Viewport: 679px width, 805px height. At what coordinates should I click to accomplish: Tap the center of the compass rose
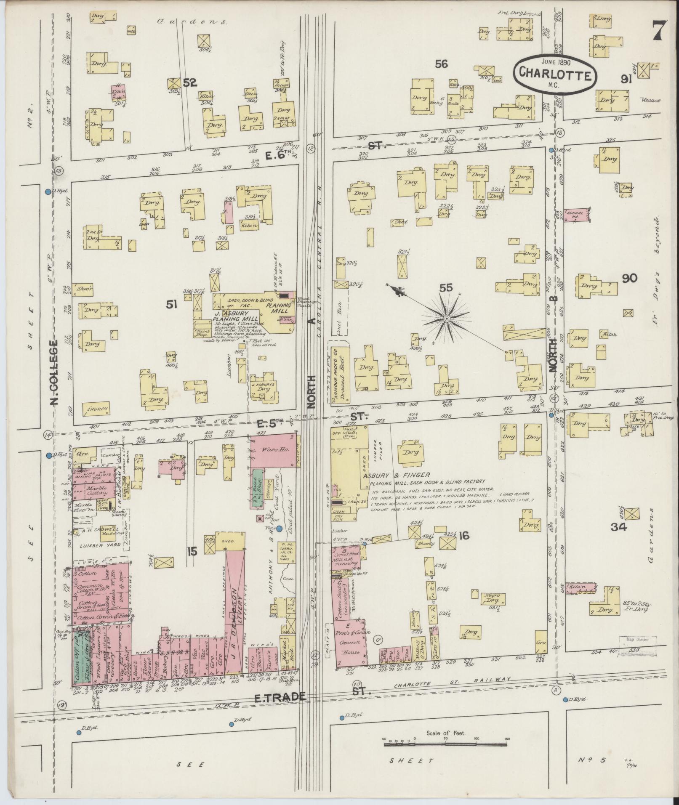tap(447, 320)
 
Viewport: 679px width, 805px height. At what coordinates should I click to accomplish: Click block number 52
tap(190, 82)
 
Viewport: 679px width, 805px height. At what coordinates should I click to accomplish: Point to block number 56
tap(441, 64)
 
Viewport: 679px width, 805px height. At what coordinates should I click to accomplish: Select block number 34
tap(620, 527)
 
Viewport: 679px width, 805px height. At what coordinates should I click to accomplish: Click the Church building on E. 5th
tap(97, 409)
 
